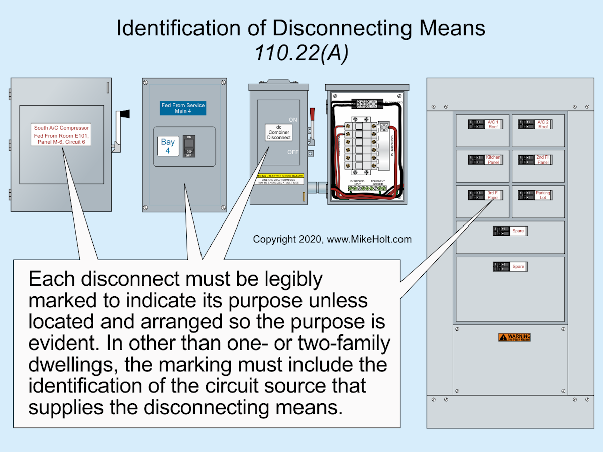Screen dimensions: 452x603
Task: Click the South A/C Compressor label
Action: (x=61, y=135)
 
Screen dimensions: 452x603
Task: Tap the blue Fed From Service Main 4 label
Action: (x=183, y=108)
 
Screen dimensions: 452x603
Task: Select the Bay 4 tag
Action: (x=168, y=146)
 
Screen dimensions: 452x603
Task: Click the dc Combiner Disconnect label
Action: (x=279, y=132)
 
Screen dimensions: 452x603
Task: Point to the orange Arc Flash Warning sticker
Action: (x=514, y=337)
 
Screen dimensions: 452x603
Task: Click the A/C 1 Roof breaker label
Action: (x=493, y=124)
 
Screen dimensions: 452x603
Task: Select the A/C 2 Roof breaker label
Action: (x=543, y=124)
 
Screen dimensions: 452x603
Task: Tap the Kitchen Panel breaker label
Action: (x=493, y=160)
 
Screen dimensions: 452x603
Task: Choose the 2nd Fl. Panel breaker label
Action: (x=543, y=160)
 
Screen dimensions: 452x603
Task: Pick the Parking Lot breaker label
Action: (x=543, y=195)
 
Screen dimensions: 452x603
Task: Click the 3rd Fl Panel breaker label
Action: (x=493, y=195)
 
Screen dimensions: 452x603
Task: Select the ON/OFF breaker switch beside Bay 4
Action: (x=189, y=146)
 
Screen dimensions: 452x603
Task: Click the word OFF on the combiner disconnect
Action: (x=293, y=152)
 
